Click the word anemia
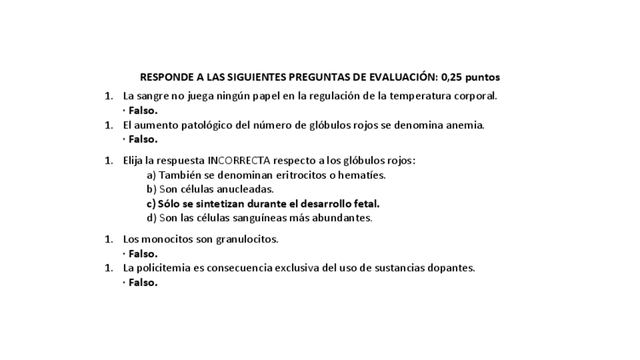click(x=463, y=125)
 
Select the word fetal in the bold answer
click(x=365, y=204)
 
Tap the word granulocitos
click(x=245, y=239)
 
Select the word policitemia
click(x=165, y=268)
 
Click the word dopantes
click(x=451, y=268)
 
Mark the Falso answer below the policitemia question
click(x=142, y=282)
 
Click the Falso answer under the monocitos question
click(x=142, y=254)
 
